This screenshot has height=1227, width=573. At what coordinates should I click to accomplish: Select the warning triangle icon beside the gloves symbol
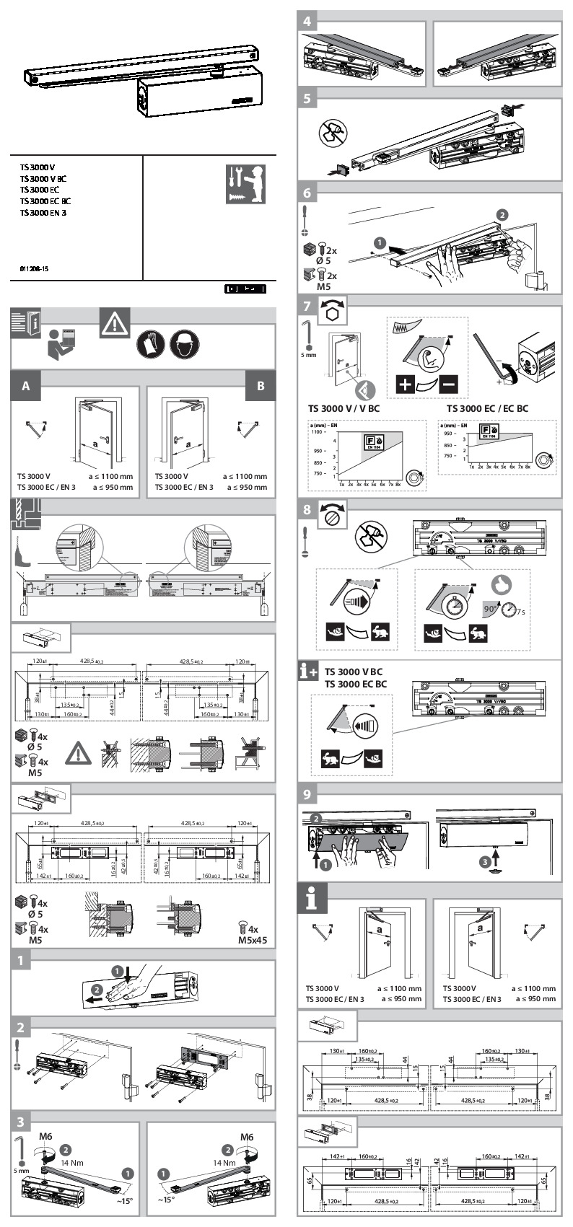(x=115, y=323)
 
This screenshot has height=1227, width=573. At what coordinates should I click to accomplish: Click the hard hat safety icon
(x=185, y=344)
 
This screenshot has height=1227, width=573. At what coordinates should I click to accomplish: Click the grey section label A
(x=26, y=386)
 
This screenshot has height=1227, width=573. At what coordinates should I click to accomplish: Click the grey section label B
(x=261, y=386)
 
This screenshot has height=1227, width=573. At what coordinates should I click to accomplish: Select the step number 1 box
(x=22, y=961)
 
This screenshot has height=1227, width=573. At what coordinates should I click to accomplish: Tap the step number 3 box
(x=22, y=1122)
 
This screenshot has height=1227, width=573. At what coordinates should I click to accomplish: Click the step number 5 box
(x=308, y=98)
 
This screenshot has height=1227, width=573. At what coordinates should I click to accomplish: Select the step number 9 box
(x=308, y=794)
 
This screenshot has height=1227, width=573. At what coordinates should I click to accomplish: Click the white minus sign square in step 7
(x=448, y=384)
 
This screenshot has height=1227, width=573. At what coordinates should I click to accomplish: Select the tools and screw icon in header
(x=245, y=184)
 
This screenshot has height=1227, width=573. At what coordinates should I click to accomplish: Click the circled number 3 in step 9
(x=486, y=860)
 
